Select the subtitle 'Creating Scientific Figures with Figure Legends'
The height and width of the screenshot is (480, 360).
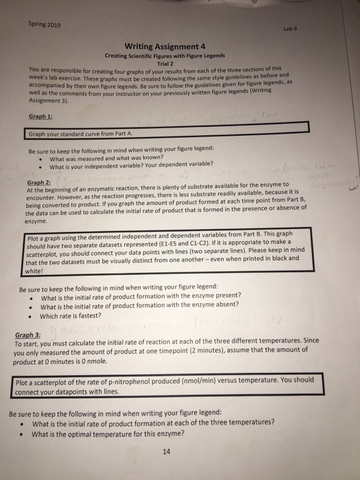point(168,56)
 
